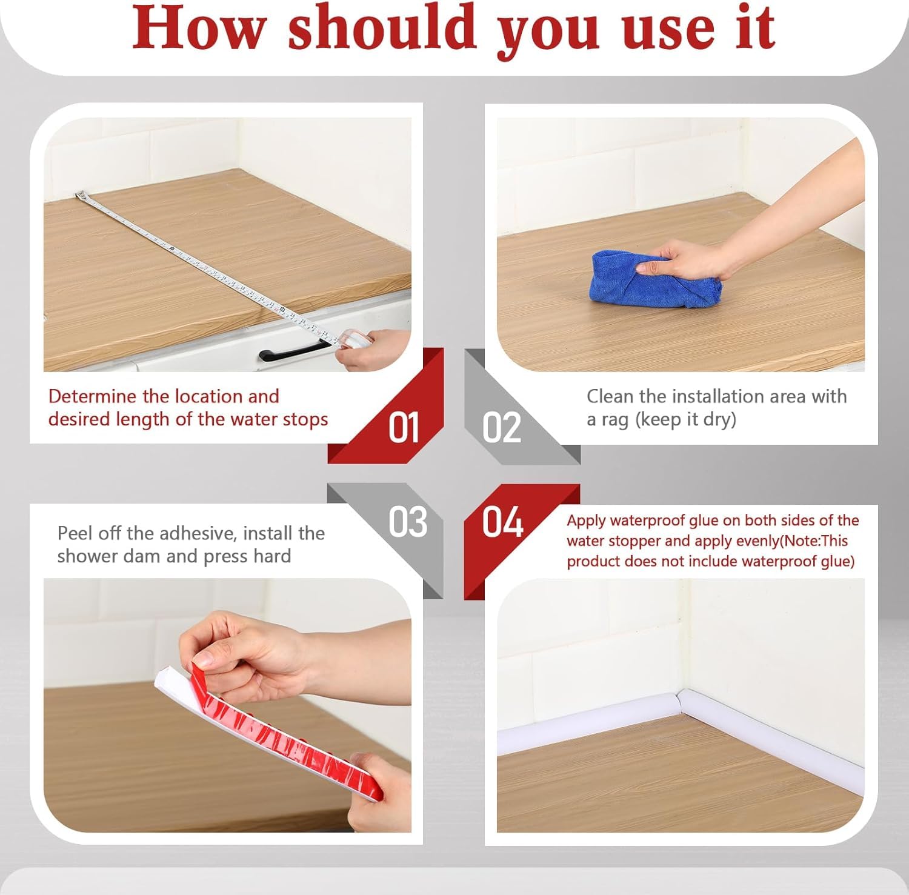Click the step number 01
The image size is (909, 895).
tap(404, 428)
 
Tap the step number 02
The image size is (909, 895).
tap(501, 428)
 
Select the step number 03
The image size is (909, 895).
tap(408, 522)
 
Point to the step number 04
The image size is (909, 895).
tap(502, 522)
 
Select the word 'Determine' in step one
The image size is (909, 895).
tap(92, 396)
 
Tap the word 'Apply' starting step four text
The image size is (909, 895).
tap(587, 521)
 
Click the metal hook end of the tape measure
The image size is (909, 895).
tap(79, 195)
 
